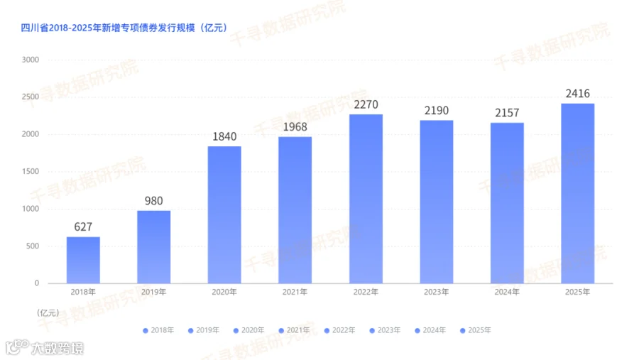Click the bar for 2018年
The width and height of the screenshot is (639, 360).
click(x=83, y=260)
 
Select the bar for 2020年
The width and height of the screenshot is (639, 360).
click(x=224, y=215)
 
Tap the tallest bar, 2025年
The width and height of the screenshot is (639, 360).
click(x=577, y=193)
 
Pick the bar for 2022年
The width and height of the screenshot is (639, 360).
click(x=366, y=199)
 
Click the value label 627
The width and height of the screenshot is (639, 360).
click(x=83, y=227)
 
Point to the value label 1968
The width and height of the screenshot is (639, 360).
click(x=295, y=127)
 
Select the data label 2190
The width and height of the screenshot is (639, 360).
click(x=437, y=111)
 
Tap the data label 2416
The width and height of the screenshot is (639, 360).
click(x=577, y=94)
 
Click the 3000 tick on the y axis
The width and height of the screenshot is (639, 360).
click(x=30, y=60)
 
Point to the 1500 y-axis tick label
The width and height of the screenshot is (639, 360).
click(x=30, y=172)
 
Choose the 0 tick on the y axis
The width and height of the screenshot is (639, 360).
click(x=37, y=283)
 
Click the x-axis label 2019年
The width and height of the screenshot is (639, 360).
click(x=153, y=292)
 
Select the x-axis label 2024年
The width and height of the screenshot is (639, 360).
click(x=507, y=292)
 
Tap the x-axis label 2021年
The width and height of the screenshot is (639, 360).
click(x=295, y=292)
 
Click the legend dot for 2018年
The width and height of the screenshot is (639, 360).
click(x=146, y=331)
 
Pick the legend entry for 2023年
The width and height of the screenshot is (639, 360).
click(x=385, y=330)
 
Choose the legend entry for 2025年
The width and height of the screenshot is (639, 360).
click(x=475, y=330)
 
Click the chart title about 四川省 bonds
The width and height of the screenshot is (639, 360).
click(x=124, y=28)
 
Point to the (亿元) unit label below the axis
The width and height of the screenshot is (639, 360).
click(x=48, y=312)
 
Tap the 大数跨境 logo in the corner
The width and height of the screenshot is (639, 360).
click(x=45, y=348)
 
